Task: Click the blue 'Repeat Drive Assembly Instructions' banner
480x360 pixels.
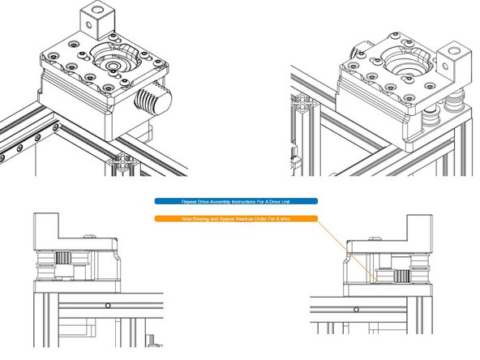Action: pyautogui.click(x=236, y=200)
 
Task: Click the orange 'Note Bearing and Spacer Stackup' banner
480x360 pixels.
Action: pyautogui.click(x=236, y=218)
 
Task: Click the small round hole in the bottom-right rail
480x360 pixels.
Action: pyautogui.click(x=354, y=309)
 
